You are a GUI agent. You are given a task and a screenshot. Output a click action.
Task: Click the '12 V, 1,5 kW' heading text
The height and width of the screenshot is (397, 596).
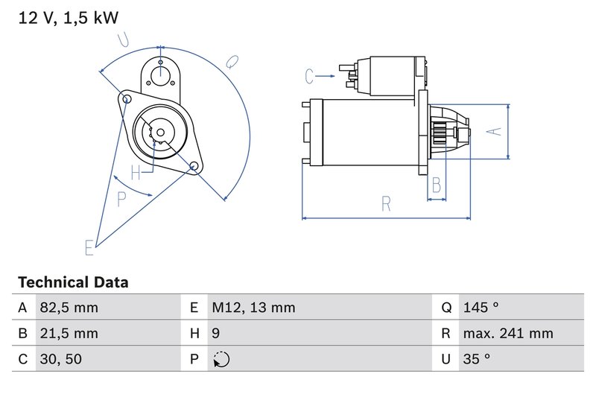point(67,18)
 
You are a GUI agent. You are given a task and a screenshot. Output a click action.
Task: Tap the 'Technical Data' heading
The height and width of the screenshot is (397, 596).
point(73,282)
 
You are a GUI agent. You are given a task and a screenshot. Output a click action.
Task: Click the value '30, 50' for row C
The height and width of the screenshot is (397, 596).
point(63,359)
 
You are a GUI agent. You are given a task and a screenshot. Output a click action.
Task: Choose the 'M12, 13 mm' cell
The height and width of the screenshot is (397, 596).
point(253,308)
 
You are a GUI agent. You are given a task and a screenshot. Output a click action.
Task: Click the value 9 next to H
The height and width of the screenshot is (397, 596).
point(216,333)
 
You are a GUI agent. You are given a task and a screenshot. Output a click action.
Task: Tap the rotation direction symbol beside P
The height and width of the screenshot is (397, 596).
point(221,360)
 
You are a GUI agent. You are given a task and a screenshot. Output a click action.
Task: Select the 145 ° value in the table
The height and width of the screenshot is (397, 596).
point(480,308)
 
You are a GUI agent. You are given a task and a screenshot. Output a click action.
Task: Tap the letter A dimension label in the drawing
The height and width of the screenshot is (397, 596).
point(492,131)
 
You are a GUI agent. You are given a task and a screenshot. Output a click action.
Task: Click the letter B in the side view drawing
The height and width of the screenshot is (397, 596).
point(437,184)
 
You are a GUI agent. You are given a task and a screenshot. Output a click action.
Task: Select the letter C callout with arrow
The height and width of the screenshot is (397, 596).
point(311,75)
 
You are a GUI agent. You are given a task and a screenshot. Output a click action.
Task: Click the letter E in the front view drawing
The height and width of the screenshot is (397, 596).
point(89,248)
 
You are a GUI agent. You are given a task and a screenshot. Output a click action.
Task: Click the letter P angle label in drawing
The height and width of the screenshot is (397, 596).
point(123,197)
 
